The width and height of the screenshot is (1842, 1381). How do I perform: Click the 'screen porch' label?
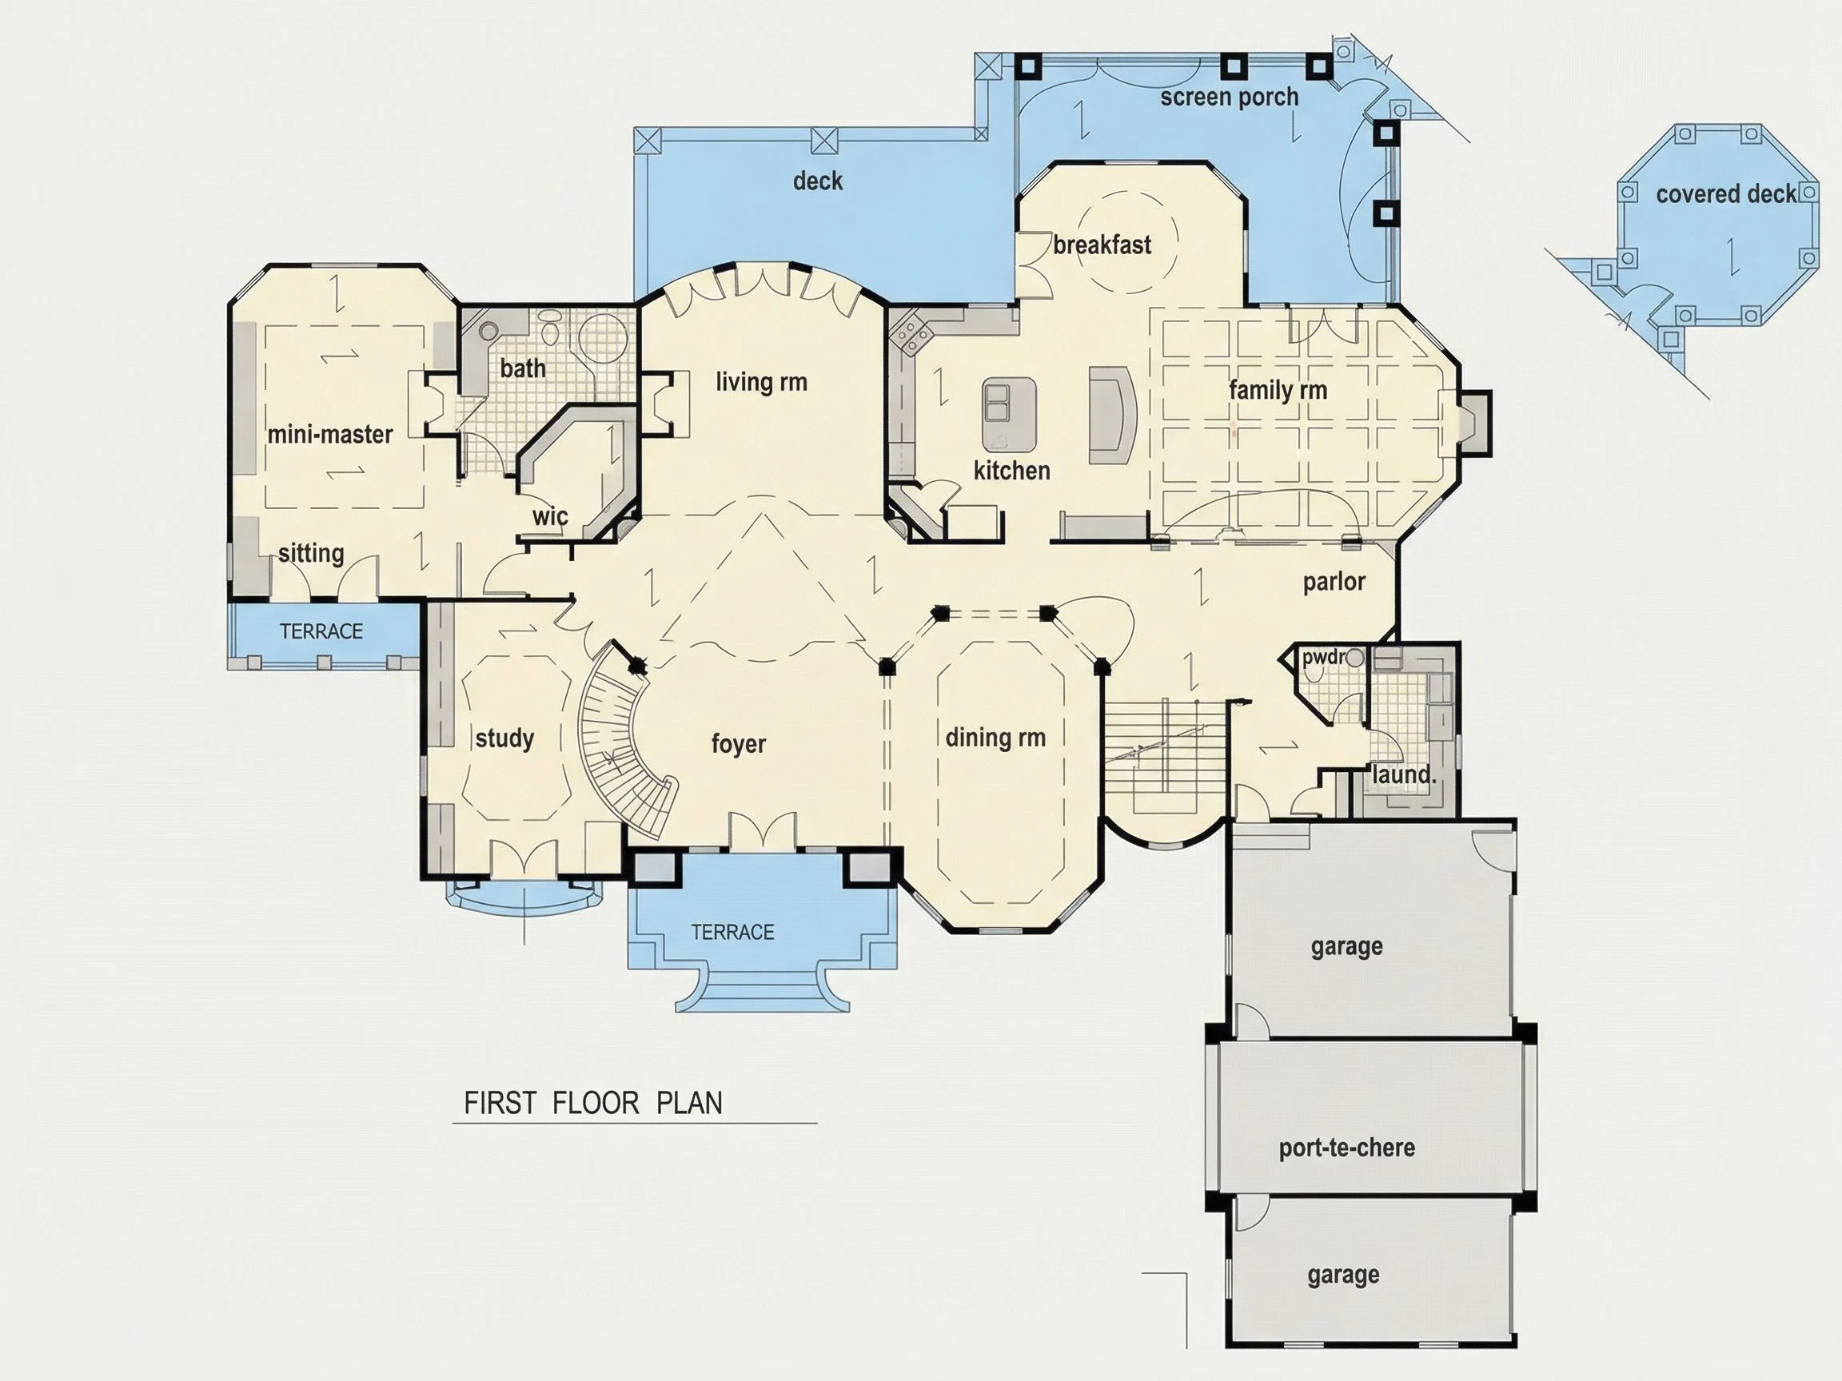[x=1229, y=98]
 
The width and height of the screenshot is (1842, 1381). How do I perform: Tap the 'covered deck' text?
[x=1725, y=194]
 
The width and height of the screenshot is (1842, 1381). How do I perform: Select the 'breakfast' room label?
[x=1102, y=245]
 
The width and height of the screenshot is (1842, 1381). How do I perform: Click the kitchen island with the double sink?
[x=1009, y=414]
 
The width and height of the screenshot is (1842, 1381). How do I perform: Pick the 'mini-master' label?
[x=329, y=434]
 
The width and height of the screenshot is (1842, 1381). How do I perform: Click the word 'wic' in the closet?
[x=549, y=516]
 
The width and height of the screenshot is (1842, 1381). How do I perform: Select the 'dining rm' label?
[x=995, y=738]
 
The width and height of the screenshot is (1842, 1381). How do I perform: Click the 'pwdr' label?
[x=1323, y=658]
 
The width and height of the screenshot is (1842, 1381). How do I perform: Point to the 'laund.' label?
[x=1404, y=775]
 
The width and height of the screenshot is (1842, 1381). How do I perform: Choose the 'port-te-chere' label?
[x=1346, y=1148]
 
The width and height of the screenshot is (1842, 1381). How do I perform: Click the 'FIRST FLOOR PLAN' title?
[x=593, y=1103]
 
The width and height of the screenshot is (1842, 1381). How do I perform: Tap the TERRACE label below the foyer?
[x=732, y=932]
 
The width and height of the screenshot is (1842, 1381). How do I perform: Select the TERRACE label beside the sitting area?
[x=321, y=631]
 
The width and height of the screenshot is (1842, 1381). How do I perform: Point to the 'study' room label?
[x=504, y=738]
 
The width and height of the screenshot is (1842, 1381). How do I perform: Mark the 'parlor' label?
[x=1334, y=582]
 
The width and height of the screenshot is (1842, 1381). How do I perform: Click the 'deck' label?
[x=817, y=181]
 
